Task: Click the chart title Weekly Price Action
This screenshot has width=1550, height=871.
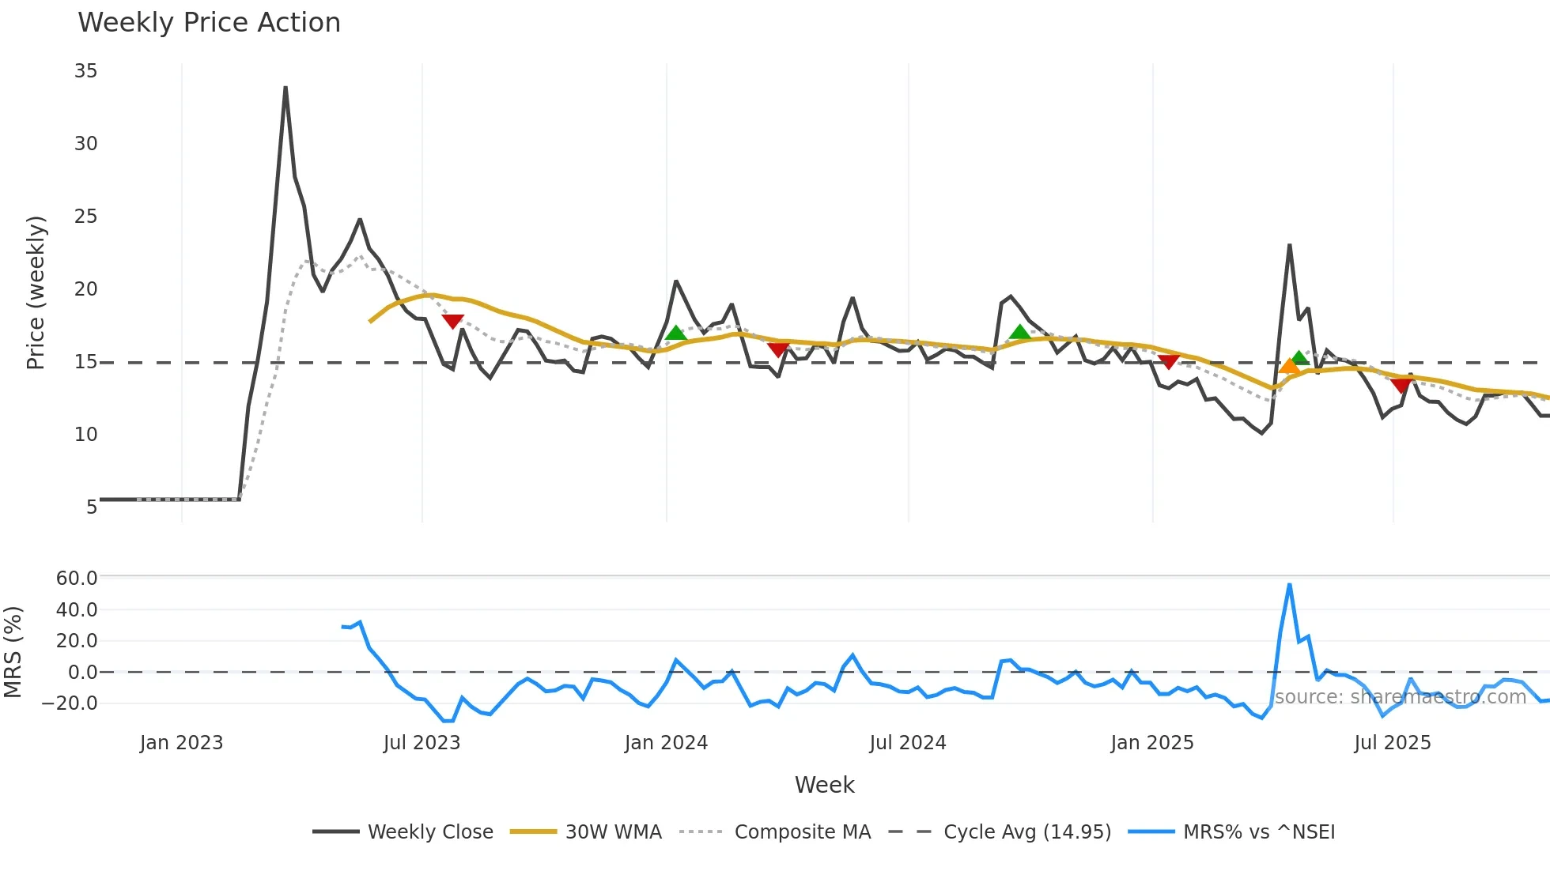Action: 209,22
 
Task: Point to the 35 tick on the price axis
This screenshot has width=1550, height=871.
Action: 85,71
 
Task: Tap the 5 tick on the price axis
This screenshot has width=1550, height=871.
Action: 91,507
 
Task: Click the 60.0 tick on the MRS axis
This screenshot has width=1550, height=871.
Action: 77,578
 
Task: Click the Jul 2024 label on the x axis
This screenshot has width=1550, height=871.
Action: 907,743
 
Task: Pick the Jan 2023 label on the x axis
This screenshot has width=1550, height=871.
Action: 181,743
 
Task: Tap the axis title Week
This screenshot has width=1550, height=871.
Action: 824,785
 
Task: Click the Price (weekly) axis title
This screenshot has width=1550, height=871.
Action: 36,292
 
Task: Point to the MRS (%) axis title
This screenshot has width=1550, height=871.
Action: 13,652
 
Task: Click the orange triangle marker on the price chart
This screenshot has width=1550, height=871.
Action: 1289,366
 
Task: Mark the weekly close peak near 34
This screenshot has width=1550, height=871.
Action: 285,88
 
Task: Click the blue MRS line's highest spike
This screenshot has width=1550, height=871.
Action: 1289,585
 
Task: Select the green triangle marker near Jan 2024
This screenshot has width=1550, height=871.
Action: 675,333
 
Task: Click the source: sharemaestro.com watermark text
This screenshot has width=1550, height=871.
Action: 1400,696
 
